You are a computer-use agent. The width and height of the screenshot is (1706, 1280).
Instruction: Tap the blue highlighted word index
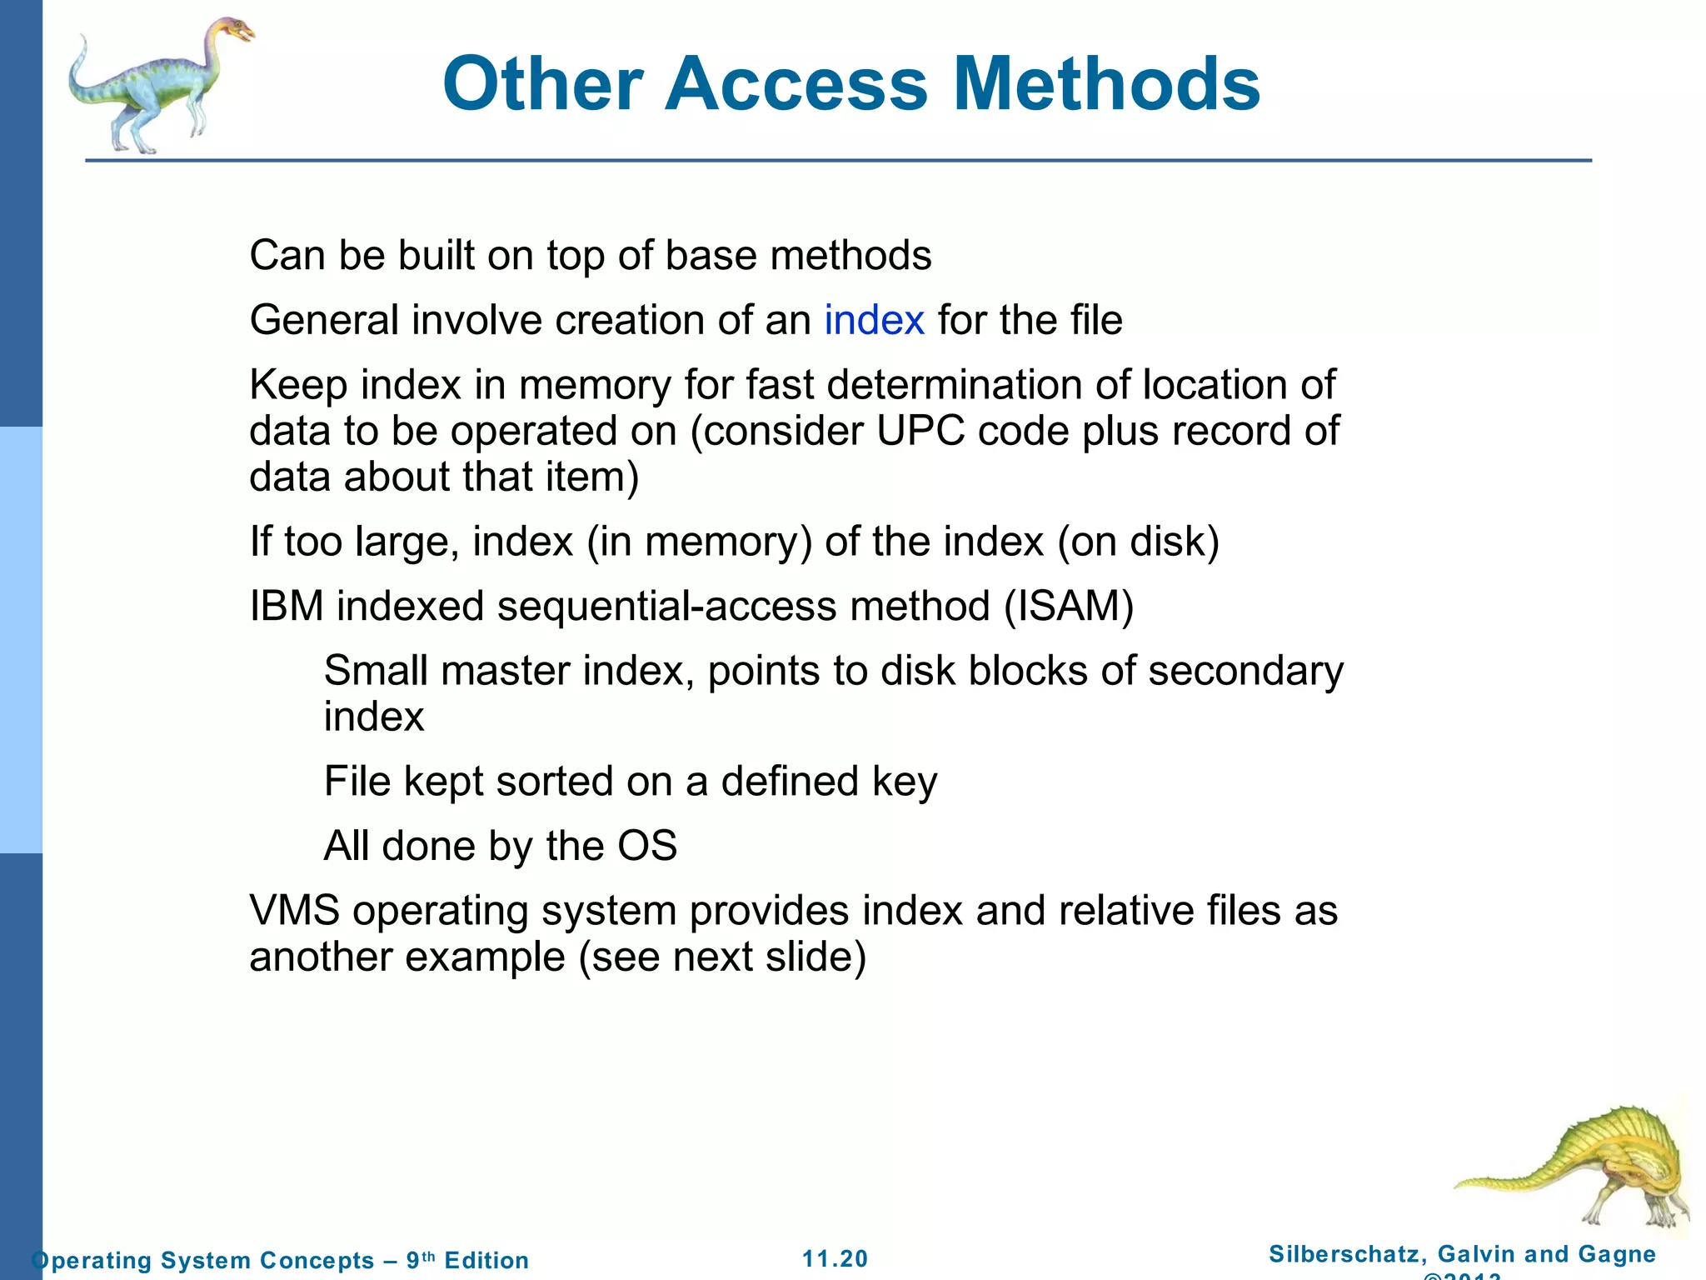point(874,320)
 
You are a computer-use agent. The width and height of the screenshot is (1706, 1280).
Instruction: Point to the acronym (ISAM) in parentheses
point(1069,606)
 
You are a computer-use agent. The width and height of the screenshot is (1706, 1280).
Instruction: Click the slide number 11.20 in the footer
point(835,1258)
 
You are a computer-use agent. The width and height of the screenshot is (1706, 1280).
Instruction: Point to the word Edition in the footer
point(486,1260)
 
